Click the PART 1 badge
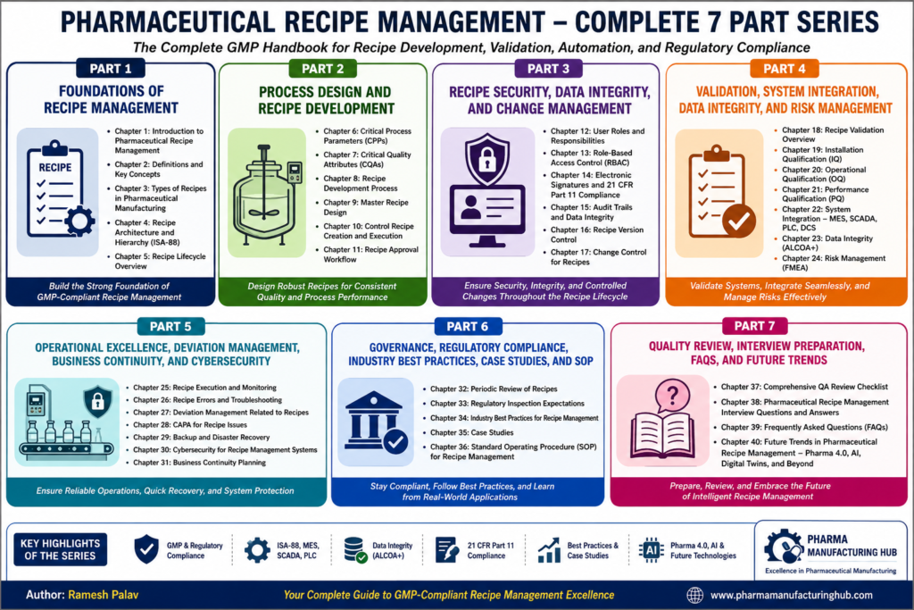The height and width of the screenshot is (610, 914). click(111, 69)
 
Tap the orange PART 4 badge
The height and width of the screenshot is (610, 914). click(784, 69)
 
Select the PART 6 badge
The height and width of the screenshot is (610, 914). click(467, 327)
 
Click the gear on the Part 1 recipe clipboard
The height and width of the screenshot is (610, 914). click(79, 221)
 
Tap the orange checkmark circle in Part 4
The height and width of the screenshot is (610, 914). click(739, 221)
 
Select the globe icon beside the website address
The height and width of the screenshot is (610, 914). click(694, 596)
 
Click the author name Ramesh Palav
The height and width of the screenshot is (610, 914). click(104, 596)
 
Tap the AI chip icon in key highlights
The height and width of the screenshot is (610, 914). click(652, 550)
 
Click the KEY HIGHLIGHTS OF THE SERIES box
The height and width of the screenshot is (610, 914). click(60, 549)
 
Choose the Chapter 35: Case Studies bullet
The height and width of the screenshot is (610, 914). click(471, 432)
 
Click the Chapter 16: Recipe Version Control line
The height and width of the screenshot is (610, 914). click(597, 234)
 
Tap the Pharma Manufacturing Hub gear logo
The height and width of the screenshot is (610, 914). click(784, 547)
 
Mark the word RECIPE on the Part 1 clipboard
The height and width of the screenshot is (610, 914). click(55, 168)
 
